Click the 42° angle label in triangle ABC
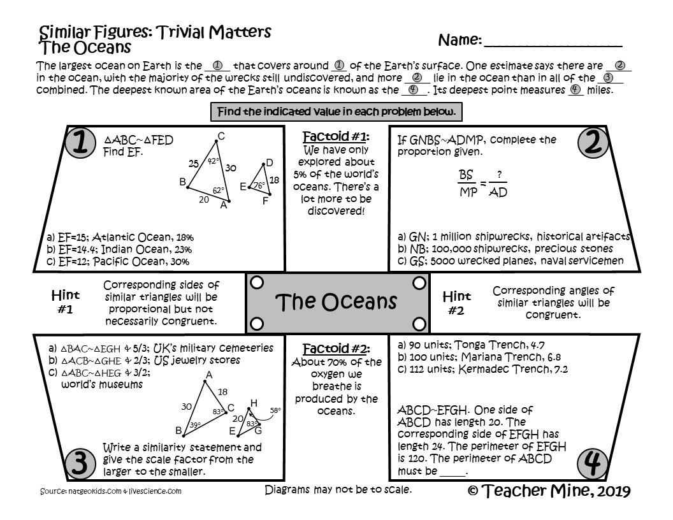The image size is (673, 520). pyautogui.click(x=213, y=162)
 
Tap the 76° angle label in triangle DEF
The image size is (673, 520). pyautogui.click(x=259, y=185)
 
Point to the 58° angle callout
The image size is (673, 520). pyautogui.click(x=275, y=410)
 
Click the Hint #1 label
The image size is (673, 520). pyautogui.click(x=66, y=302)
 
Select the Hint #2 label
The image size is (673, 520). pyautogui.click(x=456, y=303)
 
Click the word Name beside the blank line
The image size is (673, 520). pyautogui.click(x=460, y=40)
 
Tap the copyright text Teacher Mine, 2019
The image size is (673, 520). pyautogui.click(x=549, y=491)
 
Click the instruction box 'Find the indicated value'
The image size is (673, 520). pyautogui.click(x=336, y=112)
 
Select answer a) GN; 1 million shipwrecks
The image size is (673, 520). pyautogui.click(x=513, y=236)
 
